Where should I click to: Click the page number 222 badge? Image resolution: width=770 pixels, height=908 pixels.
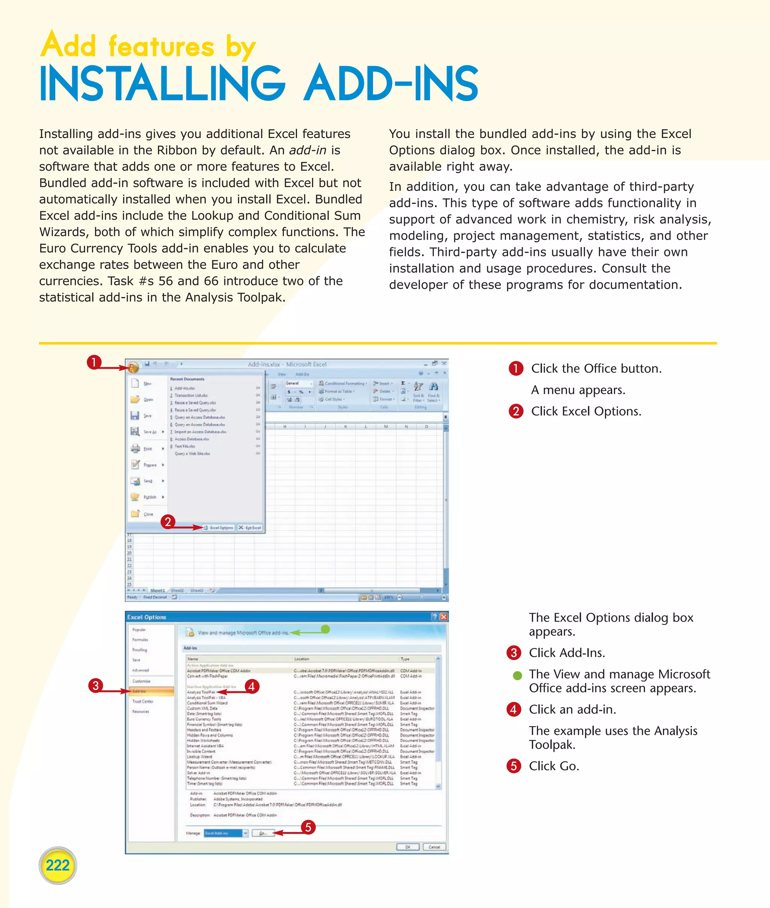(x=58, y=865)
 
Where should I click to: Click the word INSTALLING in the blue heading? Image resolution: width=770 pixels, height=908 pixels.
(x=162, y=84)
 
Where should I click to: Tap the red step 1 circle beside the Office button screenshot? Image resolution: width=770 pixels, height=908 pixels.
(x=94, y=362)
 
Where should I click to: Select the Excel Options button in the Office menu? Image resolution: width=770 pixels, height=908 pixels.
(x=219, y=528)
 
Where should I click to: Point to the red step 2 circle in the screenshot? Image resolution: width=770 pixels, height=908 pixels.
(x=168, y=521)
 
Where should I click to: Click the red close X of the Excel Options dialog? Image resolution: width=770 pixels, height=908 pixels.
(x=444, y=617)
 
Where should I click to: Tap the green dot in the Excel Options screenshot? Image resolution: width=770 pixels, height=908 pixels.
(x=325, y=629)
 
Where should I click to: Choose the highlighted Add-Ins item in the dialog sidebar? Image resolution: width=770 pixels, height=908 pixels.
(x=152, y=691)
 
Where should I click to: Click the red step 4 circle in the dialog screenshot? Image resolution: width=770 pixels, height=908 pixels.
(x=252, y=686)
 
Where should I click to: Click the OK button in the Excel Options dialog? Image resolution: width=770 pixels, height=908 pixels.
(x=408, y=847)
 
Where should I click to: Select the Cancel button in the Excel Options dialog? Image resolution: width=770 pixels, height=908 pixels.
(x=434, y=847)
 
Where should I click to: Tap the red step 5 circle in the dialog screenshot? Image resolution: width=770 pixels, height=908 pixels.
(x=308, y=827)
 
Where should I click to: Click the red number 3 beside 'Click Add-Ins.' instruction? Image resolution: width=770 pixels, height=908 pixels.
(x=514, y=653)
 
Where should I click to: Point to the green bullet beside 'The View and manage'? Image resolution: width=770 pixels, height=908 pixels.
(x=517, y=676)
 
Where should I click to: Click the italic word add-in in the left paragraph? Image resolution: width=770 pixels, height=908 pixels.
(x=308, y=150)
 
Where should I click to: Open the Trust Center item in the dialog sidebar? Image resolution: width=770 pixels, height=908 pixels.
(x=143, y=701)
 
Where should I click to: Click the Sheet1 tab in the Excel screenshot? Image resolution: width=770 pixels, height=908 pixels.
(x=158, y=591)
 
